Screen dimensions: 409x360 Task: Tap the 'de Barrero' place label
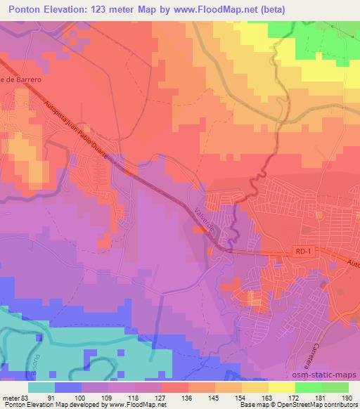21,79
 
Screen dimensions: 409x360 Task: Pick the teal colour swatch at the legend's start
41,387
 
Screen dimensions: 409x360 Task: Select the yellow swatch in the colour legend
282,387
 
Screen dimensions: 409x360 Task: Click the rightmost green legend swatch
335,387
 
